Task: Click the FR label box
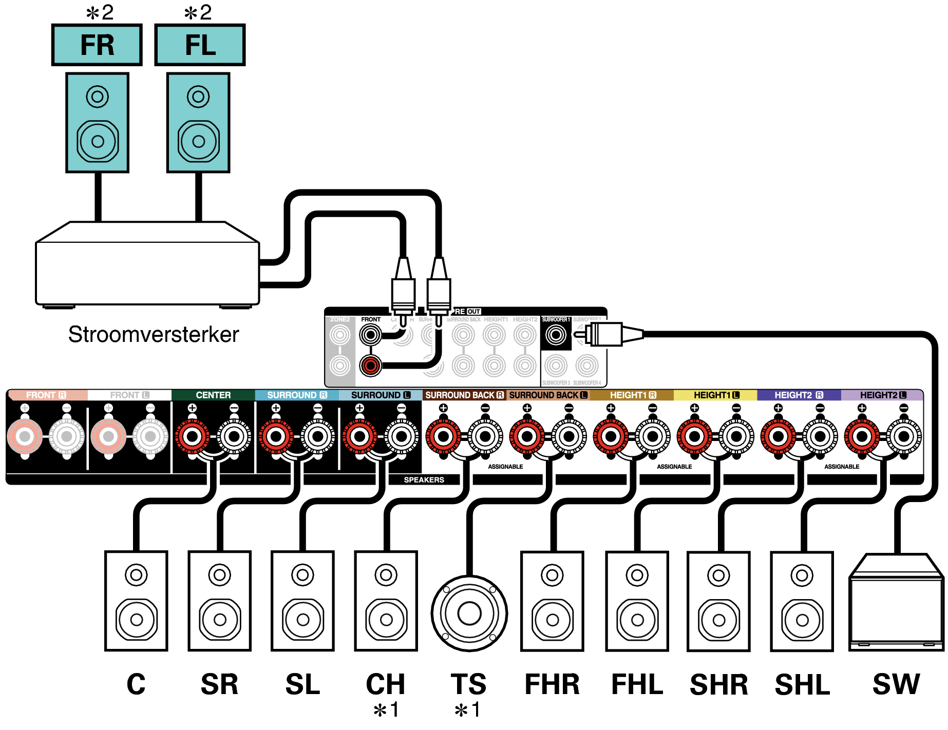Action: click(97, 45)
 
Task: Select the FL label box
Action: click(200, 45)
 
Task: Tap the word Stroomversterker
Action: click(154, 335)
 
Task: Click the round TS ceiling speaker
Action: click(469, 613)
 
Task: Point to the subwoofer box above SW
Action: click(896, 603)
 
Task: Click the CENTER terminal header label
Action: click(213, 395)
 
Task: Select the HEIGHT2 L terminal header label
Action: click(882, 395)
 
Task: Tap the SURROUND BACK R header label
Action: click(464, 395)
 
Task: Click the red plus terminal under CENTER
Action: click(193, 436)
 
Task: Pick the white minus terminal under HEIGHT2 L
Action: click(904, 436)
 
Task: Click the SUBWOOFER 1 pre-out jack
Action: click(556, 335)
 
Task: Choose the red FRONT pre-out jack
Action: click(370, 366)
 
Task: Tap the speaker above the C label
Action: click(136, 601)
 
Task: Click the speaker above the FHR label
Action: click(552, 601)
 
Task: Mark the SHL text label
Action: click(802, 685)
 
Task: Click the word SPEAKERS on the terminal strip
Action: click(424, 480)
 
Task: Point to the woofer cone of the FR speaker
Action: click(98, 141)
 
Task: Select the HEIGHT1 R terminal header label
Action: click(633, 395)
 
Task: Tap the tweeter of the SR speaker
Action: click(220, 574)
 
